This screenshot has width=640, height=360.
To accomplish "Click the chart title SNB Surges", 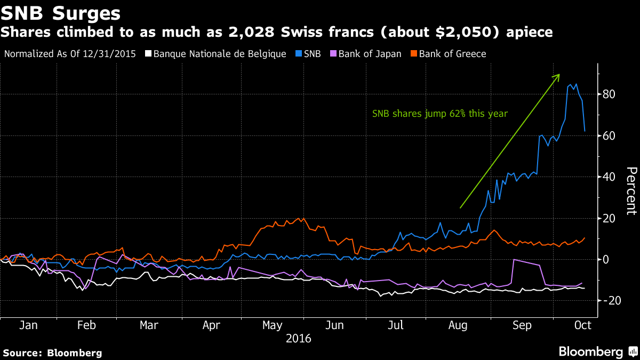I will pyautogui.click(x=60, y=12).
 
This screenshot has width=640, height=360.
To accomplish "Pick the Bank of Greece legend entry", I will pyautogui.click(x=452, y=54).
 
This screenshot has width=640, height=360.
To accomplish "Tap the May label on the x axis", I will pyautogui.click(x=273, y=325).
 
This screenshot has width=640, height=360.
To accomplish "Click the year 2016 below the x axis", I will pyautogui.click(x=299, y=338).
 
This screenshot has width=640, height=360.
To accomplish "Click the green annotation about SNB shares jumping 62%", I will pyautogui.click(x=440, y=114).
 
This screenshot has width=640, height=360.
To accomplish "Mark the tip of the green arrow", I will pyautogui.click(x=559, y=75).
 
